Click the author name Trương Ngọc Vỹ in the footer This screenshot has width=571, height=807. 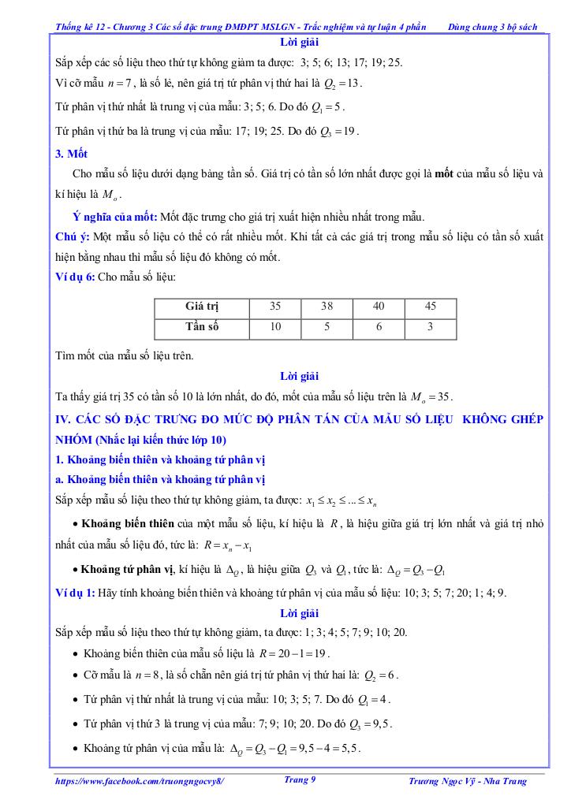451,781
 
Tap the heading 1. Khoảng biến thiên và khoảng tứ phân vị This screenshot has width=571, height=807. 161,459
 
